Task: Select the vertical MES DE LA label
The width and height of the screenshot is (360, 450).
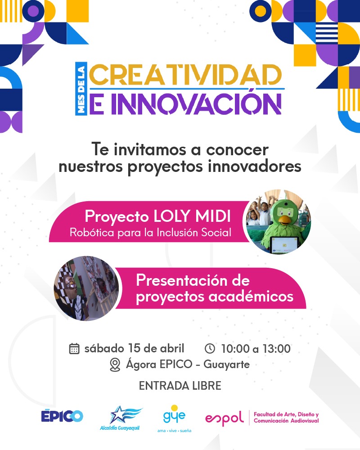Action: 81,89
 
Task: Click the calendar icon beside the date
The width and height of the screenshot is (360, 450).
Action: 74,348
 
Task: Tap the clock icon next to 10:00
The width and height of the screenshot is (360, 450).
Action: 210,348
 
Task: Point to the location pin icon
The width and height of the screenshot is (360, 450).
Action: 115,365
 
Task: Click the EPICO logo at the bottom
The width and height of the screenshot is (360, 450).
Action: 62,416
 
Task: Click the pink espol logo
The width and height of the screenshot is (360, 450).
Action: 224,418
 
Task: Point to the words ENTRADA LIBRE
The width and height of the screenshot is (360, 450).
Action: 180,386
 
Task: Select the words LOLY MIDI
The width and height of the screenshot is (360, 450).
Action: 192,216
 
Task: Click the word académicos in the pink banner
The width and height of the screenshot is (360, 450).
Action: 251,296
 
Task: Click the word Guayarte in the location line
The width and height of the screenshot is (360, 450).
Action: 226,365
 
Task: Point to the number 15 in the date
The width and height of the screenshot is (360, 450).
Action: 134,348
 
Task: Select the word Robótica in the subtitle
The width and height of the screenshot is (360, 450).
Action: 92,232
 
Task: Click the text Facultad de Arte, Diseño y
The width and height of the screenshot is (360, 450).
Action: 286,414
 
